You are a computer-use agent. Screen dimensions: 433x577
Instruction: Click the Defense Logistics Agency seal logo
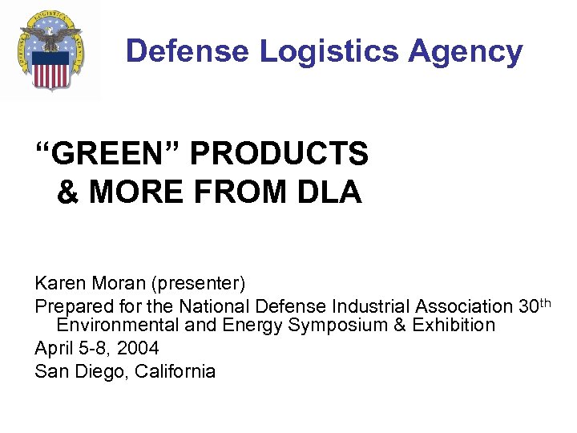pyautogui.click(x=51, y=50)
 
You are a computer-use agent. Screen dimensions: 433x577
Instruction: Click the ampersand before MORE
pyautogui.click(x=67, y=193)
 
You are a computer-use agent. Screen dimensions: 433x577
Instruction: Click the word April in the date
pyautogui.click(x=53, y=349)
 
